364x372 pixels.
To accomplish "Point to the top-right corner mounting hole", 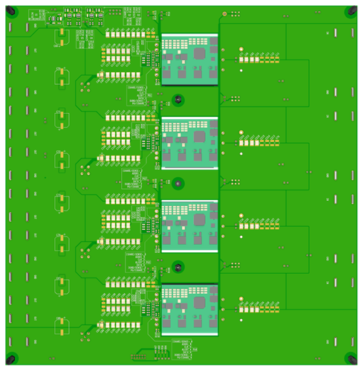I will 350,13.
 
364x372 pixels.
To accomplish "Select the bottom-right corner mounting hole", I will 350,357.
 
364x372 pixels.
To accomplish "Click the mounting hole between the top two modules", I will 178,100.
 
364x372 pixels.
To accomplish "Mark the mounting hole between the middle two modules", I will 178,183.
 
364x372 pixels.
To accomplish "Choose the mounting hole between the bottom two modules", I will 178,266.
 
